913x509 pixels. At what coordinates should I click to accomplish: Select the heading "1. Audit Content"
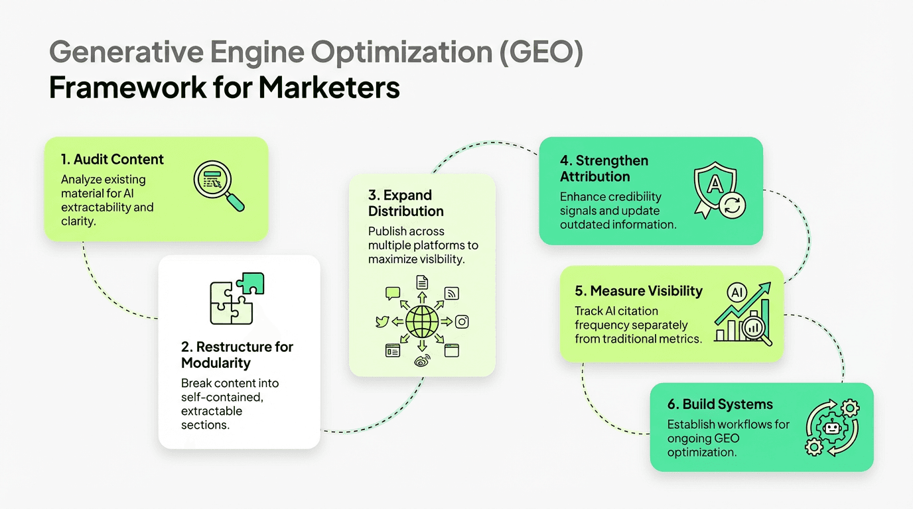click(112, 159)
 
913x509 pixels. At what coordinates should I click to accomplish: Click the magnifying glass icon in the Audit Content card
click(218, 187)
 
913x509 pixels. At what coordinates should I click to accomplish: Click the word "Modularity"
click(216, 363)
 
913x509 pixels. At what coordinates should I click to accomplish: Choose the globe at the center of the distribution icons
click(422, 322)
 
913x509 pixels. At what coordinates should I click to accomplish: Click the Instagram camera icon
click(462, 322)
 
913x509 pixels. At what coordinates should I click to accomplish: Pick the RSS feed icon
click(452, 294)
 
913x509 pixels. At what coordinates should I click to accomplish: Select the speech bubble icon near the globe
click(393, 293)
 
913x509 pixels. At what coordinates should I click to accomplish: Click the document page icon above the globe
click(422, 282)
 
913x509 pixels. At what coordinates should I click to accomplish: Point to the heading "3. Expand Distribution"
click(405, 203)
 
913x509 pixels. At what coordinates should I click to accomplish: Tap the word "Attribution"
click(595, 176)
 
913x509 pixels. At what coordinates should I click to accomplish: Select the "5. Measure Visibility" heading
click(638, 291)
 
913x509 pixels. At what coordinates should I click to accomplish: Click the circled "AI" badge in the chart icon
click(736, 292)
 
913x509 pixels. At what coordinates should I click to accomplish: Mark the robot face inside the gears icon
click(831, 428)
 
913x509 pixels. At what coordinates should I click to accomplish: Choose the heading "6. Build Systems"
click(720, 404)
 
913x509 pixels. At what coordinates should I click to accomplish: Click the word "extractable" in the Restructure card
click(212, 411)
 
